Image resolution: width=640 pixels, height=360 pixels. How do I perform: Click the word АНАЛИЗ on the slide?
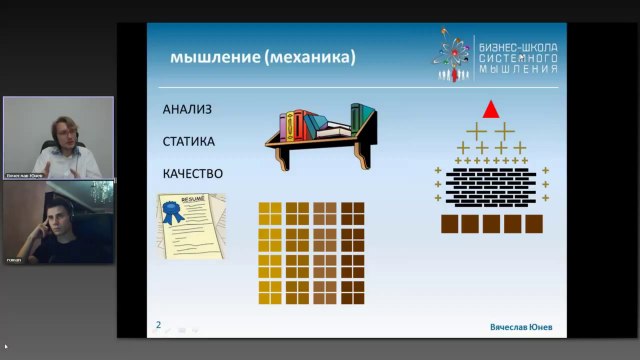click(x=187, y=108)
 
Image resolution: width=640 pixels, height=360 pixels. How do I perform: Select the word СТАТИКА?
click(x=189, y=141)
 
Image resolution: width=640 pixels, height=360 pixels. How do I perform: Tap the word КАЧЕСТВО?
click(x=193, y=174)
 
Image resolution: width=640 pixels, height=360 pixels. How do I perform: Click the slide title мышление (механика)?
click(x=262, y=58)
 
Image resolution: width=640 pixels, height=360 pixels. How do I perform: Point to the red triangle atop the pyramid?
click(x=490, y=108)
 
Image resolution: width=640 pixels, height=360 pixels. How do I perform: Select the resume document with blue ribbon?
click(x=190, y=225)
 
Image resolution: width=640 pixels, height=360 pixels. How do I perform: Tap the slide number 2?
click(x=158, y=324)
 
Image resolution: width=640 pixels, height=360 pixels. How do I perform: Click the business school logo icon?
click(x=455, y=55)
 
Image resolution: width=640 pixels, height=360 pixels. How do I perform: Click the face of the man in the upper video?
click(x=59, y=132)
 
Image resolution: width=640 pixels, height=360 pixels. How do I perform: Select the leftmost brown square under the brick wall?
click(x=449, y=223)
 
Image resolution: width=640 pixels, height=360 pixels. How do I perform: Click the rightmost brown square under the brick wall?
click(x=534, y=223)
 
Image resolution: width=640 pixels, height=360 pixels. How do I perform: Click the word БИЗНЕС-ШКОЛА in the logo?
click(x=519, y=47)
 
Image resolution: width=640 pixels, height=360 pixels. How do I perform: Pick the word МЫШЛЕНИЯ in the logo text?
click(x=519, y=70)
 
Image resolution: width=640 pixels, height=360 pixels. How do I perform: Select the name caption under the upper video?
click(x=27, y=174)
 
